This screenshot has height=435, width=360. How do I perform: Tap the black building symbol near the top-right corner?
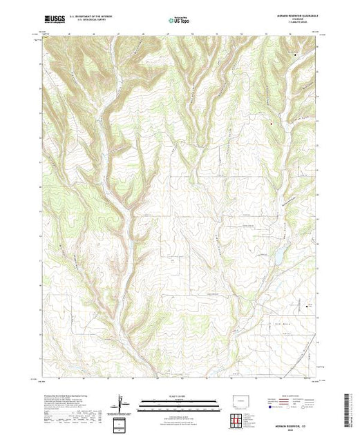[x=296, y=54]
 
